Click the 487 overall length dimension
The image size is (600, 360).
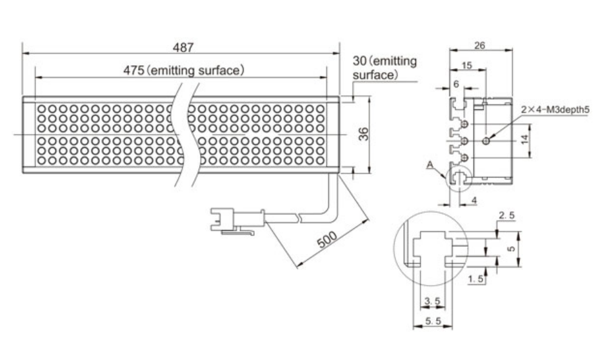click(183, 48)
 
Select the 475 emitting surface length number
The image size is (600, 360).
click(134, 70)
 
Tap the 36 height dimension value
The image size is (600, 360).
click(365, 134)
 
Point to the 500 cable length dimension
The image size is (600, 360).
click(328, 239)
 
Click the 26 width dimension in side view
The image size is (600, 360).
click(479, 46)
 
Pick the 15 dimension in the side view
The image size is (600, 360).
click(466, 65)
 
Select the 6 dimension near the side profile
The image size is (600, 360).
click(455, 84)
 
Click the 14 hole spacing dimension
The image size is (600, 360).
click(525, 139)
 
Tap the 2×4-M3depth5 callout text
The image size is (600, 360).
click(555, 110)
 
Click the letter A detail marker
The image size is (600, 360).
click(430, 165)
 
